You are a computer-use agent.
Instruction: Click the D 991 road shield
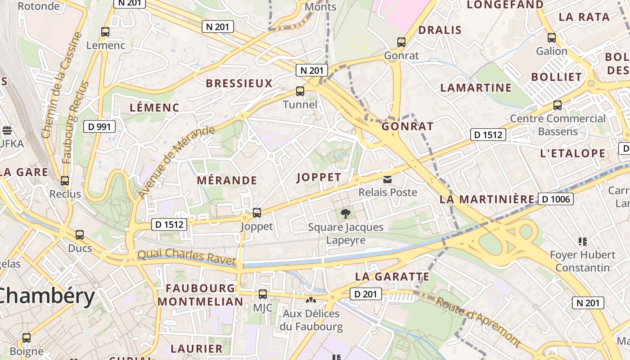[99, 127]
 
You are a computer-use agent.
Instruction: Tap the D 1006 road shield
[556, 199]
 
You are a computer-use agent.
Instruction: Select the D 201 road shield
[366, 294]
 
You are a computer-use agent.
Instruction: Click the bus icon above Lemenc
[105, 32]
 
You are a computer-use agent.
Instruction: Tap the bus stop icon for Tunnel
[300, 91]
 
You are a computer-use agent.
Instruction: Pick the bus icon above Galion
[552, 38]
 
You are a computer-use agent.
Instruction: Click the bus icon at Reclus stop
[65, 181]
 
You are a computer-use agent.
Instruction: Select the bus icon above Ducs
[80, 235]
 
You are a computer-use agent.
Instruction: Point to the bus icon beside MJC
[263, 295]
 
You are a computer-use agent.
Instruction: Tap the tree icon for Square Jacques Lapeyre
[346, 214]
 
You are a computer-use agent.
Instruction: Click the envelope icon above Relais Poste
[387, 180]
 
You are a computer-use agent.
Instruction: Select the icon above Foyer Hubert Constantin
[583, 242]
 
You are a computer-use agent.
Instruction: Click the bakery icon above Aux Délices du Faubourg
[310, 299]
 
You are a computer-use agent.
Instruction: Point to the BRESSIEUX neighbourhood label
[239, 83]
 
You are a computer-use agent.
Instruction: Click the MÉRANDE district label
[227, 180]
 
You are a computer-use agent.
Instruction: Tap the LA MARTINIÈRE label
[487, 199]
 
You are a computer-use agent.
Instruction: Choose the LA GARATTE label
[392, 276]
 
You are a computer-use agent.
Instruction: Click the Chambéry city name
[47, 297]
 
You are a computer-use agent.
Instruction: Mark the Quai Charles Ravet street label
[186, 257]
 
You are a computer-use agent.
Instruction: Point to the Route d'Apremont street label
[478, 322]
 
